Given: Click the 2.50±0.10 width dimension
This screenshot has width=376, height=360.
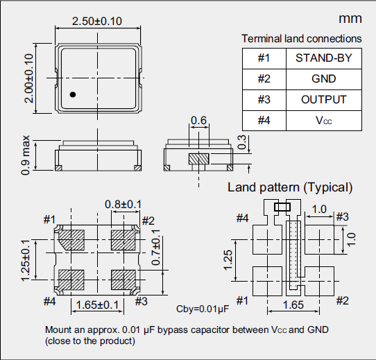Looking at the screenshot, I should pos(97,21).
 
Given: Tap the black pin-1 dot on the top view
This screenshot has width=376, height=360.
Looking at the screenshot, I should pos(72,94).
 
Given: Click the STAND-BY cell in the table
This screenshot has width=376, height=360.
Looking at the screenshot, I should pos(323,58).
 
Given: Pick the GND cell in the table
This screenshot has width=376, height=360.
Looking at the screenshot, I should pos(323,78).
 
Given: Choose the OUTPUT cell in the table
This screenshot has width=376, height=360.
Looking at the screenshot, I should pos(323,99).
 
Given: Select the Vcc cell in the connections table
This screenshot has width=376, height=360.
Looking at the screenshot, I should pos(323,120).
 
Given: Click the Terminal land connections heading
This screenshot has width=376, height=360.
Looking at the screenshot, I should pos(301,39).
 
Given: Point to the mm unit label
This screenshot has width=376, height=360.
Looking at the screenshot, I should pos(350,19).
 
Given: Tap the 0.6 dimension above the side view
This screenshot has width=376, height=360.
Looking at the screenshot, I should pos(198,121).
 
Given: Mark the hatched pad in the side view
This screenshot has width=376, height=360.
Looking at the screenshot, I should pos(199,158).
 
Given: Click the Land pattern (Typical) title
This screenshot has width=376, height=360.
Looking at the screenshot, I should pos(290,187).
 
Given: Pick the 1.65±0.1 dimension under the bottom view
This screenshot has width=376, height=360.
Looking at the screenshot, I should pos(97,305).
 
